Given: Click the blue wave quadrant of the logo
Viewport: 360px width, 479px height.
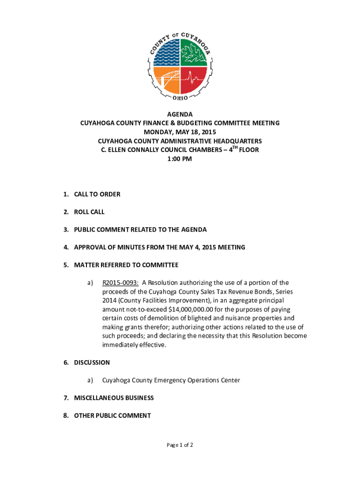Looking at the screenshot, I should pyautogui.click(x=166, y=52).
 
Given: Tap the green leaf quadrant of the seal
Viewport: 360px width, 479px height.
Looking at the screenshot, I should pyautogui.click(x=194, y=52).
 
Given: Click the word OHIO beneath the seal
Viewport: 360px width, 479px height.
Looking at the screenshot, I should pyautogui.click(x=180, y=98).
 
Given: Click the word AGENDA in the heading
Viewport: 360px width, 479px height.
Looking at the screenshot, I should pyautogui.click(x=180, y=114).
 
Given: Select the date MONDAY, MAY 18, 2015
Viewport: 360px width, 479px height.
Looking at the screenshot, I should pyautogui.click(x=180, y=132).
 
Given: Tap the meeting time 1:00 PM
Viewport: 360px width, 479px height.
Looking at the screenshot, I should pyautogui.click(x=180, y=159).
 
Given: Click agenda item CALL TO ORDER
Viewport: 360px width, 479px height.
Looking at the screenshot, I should pyautogui.click(x=97, y=194).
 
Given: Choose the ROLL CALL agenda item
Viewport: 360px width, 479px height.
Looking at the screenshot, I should pyautogui.click(x=89, y=212).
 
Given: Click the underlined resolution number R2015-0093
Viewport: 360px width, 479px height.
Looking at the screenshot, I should pyautogui.click(x=120, y=283).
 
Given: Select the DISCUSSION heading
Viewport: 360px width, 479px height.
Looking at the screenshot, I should pyautogui.click(x=92, y=363).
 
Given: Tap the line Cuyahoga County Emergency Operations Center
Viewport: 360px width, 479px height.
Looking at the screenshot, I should pyautogui.click(x=171, y=380).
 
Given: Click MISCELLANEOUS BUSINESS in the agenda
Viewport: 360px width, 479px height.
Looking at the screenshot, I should pyautogui.click(x=114, y=398).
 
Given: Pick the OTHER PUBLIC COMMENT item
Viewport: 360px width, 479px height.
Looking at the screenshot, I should pyautogui.click(x=112, y=415).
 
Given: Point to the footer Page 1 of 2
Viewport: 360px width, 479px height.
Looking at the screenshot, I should pyautogui.click(x=180, y=445).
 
